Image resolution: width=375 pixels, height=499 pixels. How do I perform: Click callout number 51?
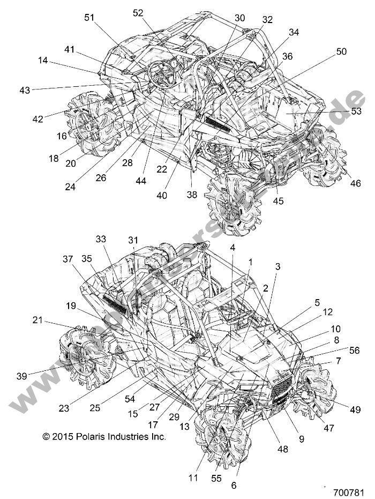pos(89,18)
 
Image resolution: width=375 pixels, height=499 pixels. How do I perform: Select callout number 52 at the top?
pos(138,13)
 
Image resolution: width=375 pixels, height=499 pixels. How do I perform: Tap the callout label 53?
pos(356,111)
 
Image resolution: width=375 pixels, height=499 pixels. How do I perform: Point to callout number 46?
pos(355,183)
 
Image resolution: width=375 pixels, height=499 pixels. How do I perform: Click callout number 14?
pos(43,61)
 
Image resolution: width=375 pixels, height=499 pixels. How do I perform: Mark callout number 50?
pos(341,52)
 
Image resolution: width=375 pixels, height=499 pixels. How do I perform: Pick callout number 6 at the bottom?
pos(233,486)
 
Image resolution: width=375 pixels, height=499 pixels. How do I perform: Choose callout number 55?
pos(216,478)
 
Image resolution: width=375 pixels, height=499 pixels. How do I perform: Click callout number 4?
pos(233,248)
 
